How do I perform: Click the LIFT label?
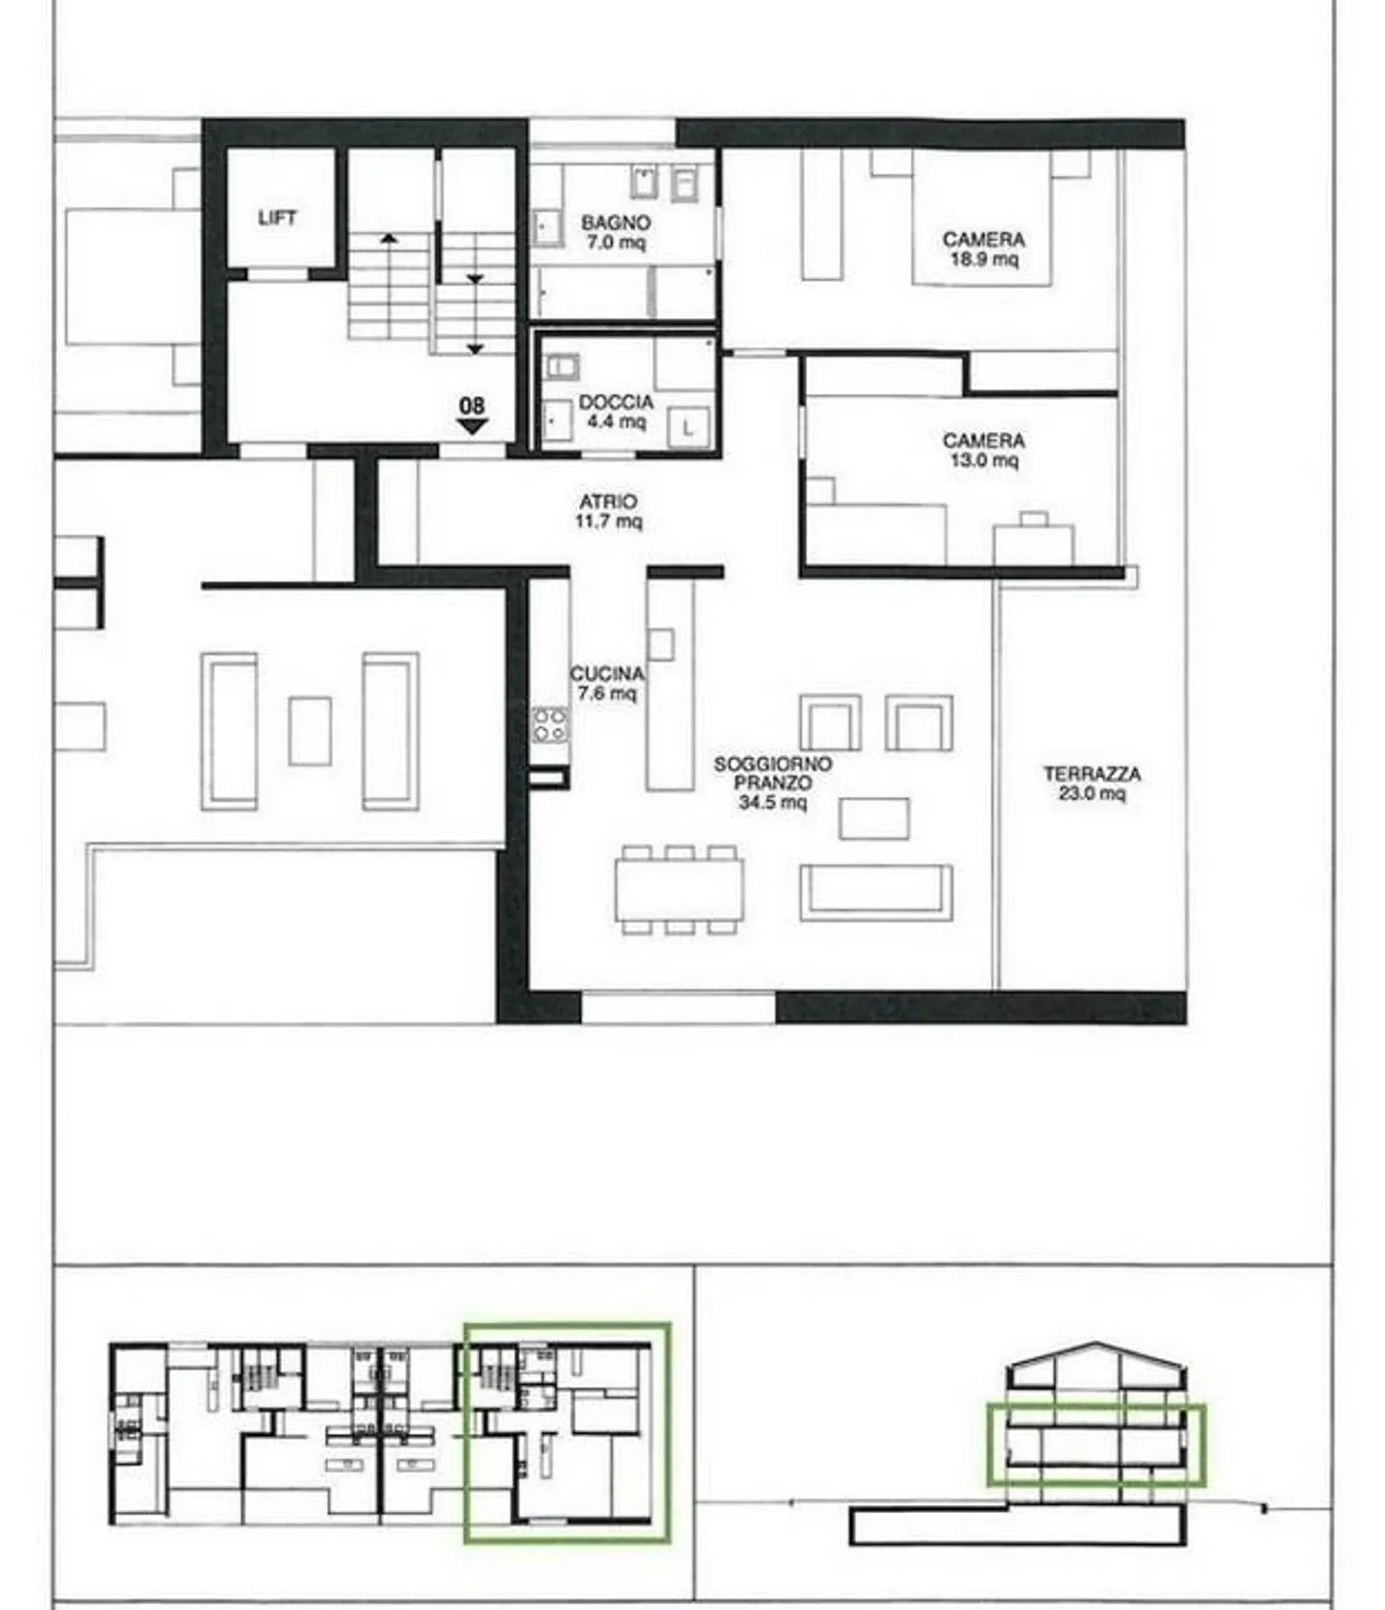click(277, 218)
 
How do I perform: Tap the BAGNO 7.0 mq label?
click(616, 233)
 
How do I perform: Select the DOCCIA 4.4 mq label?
click(616, 412)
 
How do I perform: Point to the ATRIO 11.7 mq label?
click(609, 512)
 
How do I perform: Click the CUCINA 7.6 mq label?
click(606, 683)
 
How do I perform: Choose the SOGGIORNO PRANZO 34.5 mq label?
click(772, 783)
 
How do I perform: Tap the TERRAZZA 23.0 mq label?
click(1092, 783)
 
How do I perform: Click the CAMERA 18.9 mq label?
click(983, 248)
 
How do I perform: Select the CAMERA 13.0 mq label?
click(983, 450)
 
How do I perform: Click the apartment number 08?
click(472, 405)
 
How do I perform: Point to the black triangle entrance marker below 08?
click(472, 426)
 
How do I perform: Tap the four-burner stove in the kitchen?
click(550, 725)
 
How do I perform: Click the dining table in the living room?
click(680, 890)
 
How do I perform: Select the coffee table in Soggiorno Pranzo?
click(873, 818)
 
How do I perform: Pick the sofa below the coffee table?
click(876, 893)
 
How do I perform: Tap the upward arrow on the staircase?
click(389, 238)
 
